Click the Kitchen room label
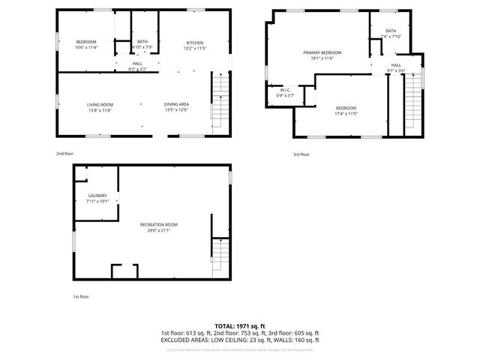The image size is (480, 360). pos(194,43)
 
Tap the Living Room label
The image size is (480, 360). pos(99,104)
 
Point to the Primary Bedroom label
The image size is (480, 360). pos(322,52)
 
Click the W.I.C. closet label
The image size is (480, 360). pos(285,91)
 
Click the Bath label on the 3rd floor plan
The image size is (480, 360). pos(391,31)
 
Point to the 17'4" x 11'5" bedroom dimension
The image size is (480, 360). pos(346,114)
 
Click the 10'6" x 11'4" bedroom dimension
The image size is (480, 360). pos(87,48)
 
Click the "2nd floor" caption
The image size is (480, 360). pos(65,154)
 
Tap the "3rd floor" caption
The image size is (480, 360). pos(300,154)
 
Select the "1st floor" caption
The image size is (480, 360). pos(81,297)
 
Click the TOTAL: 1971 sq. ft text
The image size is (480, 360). pos(240,326)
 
